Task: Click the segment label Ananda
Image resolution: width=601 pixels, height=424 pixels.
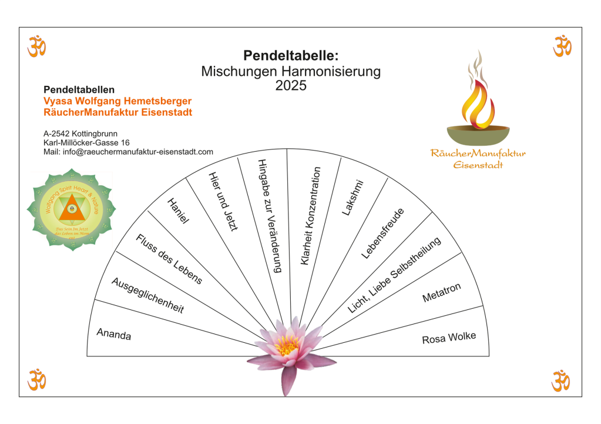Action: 114,335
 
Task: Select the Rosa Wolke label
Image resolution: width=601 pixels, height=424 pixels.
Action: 449,338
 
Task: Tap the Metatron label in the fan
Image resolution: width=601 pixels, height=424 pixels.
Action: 441,293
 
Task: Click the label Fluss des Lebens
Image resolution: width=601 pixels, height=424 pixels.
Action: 169,259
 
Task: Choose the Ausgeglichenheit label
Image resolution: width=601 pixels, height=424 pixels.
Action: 147,295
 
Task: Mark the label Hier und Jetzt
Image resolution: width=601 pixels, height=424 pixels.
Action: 223,201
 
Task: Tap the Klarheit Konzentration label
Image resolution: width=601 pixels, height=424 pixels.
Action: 310,215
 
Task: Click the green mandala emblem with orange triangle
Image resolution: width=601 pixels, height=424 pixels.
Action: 71,209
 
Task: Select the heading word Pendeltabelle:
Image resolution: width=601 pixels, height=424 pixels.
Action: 291,56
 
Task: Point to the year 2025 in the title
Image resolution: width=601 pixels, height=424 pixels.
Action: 291,86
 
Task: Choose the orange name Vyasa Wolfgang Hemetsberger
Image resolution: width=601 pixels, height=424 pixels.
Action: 117,101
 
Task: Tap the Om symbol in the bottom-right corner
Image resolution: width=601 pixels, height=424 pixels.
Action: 561,380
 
